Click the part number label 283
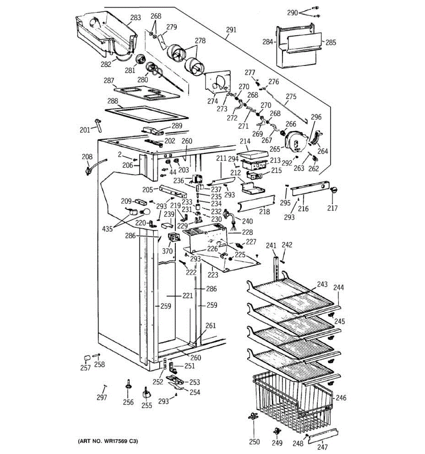135,17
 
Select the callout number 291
231,30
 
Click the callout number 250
255,442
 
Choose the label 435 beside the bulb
107,229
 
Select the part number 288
113,101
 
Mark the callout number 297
102,397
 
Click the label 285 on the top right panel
331,42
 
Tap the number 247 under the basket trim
322,447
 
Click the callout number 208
87,157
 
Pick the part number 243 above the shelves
322,284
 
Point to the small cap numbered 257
87,358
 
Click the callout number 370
167,251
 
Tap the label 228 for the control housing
247,232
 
